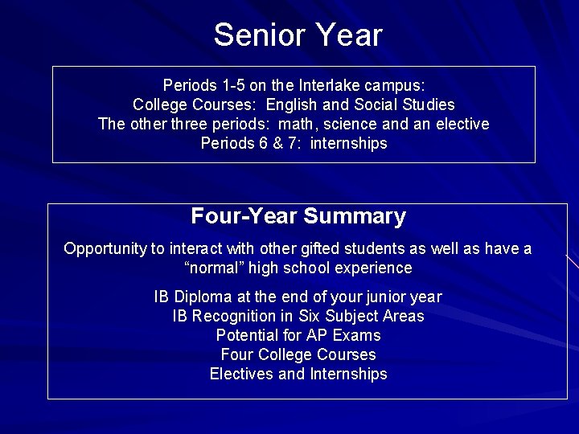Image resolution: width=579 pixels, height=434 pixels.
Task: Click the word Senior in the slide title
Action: [x=251, y=35]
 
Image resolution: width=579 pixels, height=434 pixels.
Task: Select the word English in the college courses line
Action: [x=293, y=105]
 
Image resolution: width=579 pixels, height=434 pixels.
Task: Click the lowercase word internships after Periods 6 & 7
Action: [x=348, y=144]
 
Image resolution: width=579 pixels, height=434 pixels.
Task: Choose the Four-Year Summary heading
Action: [x=298, y=217]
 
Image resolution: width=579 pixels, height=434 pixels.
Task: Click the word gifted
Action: [x=314, y=249]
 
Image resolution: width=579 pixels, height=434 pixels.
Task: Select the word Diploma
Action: [x=199, y=297]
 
